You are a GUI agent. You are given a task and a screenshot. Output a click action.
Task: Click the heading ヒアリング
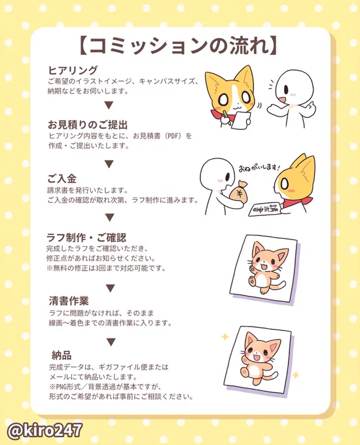click(73, 70)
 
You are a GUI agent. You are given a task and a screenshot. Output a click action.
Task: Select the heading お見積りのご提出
click(88, 124)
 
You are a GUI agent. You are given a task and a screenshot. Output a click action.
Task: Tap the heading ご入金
click(62, 179)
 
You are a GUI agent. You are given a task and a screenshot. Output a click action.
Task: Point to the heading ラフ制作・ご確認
click(86, 238)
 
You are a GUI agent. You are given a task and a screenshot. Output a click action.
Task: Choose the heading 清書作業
click(69, 301)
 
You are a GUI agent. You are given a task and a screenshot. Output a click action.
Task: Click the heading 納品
click(62, 355)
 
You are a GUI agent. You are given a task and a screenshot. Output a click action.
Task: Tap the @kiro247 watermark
click(45, 430)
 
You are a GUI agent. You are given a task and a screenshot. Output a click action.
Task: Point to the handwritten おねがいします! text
click(259, 167)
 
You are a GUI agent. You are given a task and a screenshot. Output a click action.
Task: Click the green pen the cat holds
click(225, 113)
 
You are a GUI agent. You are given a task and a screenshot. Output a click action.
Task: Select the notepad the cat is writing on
click(241, 120)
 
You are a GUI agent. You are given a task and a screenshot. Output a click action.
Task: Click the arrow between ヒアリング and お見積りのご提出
click(109, 105)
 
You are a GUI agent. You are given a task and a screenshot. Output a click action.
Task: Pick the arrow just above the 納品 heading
click(111, 342)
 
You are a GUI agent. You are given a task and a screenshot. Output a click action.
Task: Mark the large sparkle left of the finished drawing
click(225, 337)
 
